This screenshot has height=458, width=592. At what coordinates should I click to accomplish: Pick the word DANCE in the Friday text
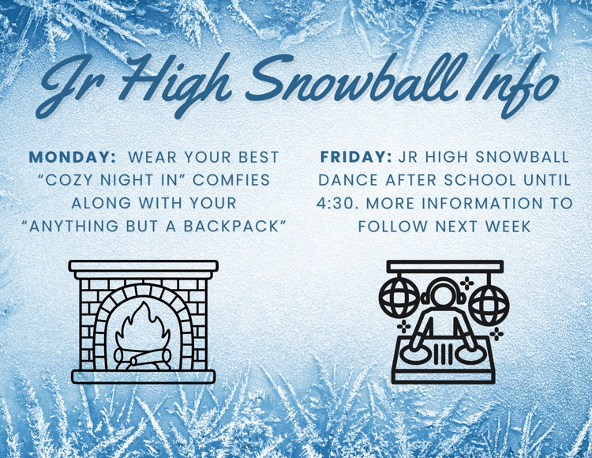click(x=353, y=180)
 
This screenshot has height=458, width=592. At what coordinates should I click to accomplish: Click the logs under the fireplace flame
click(x=143, y=359)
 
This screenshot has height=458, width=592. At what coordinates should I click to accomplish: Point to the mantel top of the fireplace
click(x=143, y=266)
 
